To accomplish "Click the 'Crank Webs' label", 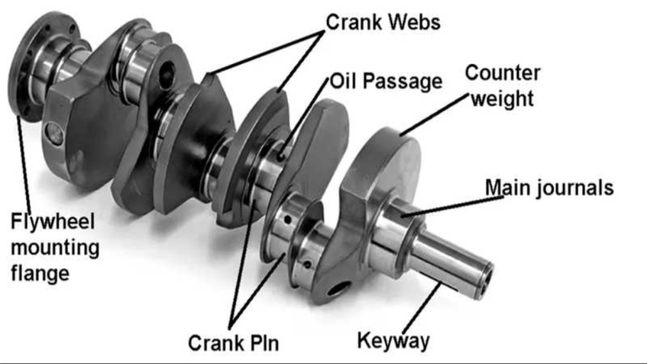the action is [383, 22].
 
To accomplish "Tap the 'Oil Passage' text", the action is [386, 81].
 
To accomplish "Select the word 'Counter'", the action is [502, 73].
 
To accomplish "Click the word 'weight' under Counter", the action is [503, 99].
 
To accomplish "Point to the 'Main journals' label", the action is [549, 187].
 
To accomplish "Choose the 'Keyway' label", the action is [393, 341].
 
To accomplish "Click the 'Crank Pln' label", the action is [233, 343].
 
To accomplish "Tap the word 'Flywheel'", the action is [53, 222].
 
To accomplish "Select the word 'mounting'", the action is [55, 248].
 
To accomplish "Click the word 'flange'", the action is [40, 274].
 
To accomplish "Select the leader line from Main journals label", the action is [452, 206].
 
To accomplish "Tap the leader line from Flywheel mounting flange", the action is [24, 163].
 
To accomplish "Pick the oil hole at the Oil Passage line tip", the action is [281, 157].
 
